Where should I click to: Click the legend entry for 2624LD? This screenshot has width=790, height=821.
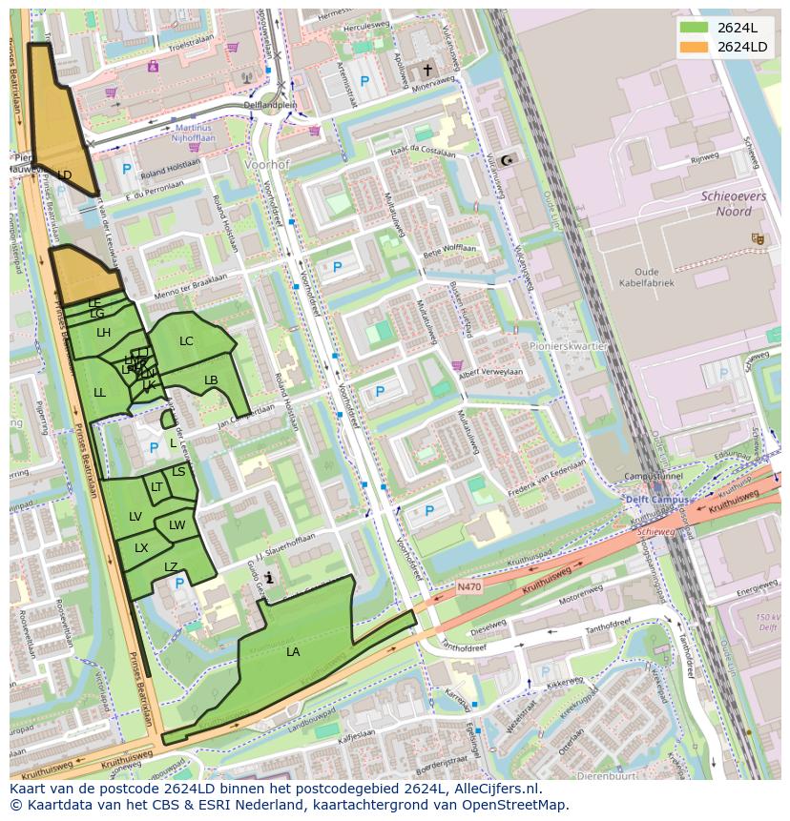(x=741, y=47)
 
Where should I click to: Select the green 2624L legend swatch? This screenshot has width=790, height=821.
(x=694, y=28)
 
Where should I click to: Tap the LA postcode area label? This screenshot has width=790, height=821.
(x=293, y=652)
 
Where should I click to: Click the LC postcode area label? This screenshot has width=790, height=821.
(x=186, y=341)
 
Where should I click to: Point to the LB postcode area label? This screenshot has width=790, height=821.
(x=211, y=380)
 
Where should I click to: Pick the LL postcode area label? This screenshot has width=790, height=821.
(x=100, y=392)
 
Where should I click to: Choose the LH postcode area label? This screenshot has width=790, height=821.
(x=104, y=333)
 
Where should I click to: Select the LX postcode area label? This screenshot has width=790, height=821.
(x=141, y=548)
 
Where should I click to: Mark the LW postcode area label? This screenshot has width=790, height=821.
(x=177, y=525)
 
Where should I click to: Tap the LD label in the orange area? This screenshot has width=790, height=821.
(x=64, y=175)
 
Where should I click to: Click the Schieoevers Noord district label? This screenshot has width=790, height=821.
(x=727, y=203)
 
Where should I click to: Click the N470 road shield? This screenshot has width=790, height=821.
(x=468, y=587)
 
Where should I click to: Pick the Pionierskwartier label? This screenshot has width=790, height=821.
(x=573, y=346)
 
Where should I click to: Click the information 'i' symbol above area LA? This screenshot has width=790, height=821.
(x=270, y=578)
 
